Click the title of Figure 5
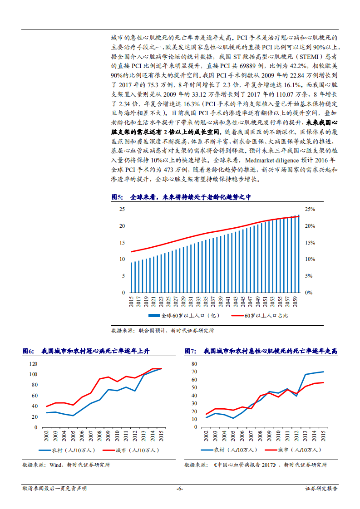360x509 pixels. point(181,197)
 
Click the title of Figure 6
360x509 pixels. point(86,351)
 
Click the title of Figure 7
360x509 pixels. point(261,351)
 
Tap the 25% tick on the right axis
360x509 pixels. point(310,209)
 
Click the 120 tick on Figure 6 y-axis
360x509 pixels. point(33,364)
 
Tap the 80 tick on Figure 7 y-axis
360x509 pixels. point(194,364)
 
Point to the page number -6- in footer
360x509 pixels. point(180,489)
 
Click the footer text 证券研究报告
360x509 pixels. point(321,489)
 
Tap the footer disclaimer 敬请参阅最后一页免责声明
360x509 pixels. point(54,489)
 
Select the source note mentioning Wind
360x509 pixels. point(66,465)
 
